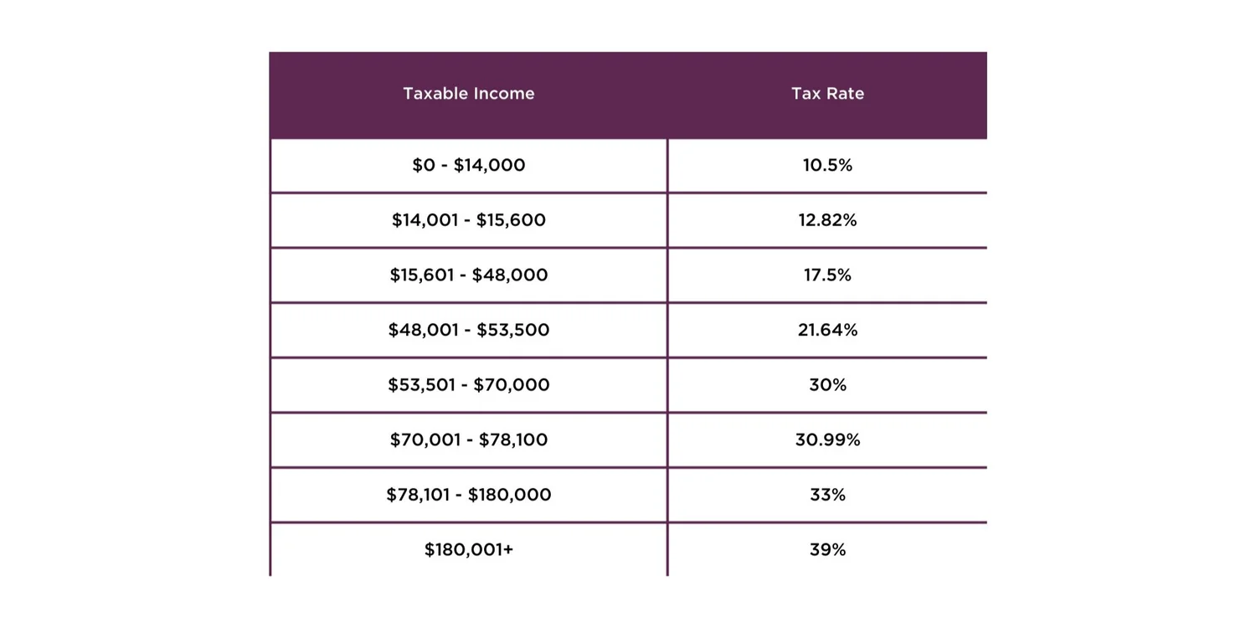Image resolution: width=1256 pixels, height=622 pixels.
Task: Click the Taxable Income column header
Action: tap(468, 94)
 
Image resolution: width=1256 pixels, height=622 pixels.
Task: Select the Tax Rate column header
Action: tap(827, 94)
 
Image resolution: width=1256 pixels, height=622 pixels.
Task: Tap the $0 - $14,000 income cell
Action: tap(468, 165)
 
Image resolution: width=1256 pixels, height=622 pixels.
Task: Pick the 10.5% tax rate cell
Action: tap(827, 165)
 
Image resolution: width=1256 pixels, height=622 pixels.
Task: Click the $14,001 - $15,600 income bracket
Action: tap(468, 220)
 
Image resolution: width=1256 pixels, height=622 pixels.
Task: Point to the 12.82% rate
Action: tap(827, 220)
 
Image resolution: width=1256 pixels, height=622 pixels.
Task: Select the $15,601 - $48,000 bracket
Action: tap(468, 275)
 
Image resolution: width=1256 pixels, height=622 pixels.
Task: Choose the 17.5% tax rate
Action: tap(827, 275)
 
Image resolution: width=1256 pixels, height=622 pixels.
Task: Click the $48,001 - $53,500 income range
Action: tap(468, 330)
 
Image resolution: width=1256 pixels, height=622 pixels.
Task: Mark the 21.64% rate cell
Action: tap(827, 330)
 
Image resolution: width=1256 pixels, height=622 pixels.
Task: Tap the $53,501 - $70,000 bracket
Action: tap(468, 385)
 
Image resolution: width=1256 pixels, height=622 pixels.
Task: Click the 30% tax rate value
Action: tap(827, 385)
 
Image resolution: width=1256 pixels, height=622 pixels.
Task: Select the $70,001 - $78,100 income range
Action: tap(468, 440)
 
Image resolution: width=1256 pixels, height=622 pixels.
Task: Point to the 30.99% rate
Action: tap(827, 440)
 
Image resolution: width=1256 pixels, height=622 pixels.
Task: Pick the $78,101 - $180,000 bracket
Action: tap(468, 495)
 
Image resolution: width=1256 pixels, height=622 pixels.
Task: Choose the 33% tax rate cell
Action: tap(827, 495)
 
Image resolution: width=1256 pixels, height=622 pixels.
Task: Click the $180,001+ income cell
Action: tap(468, 550)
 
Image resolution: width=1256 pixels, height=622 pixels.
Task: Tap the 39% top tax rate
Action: tap(827, 550)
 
